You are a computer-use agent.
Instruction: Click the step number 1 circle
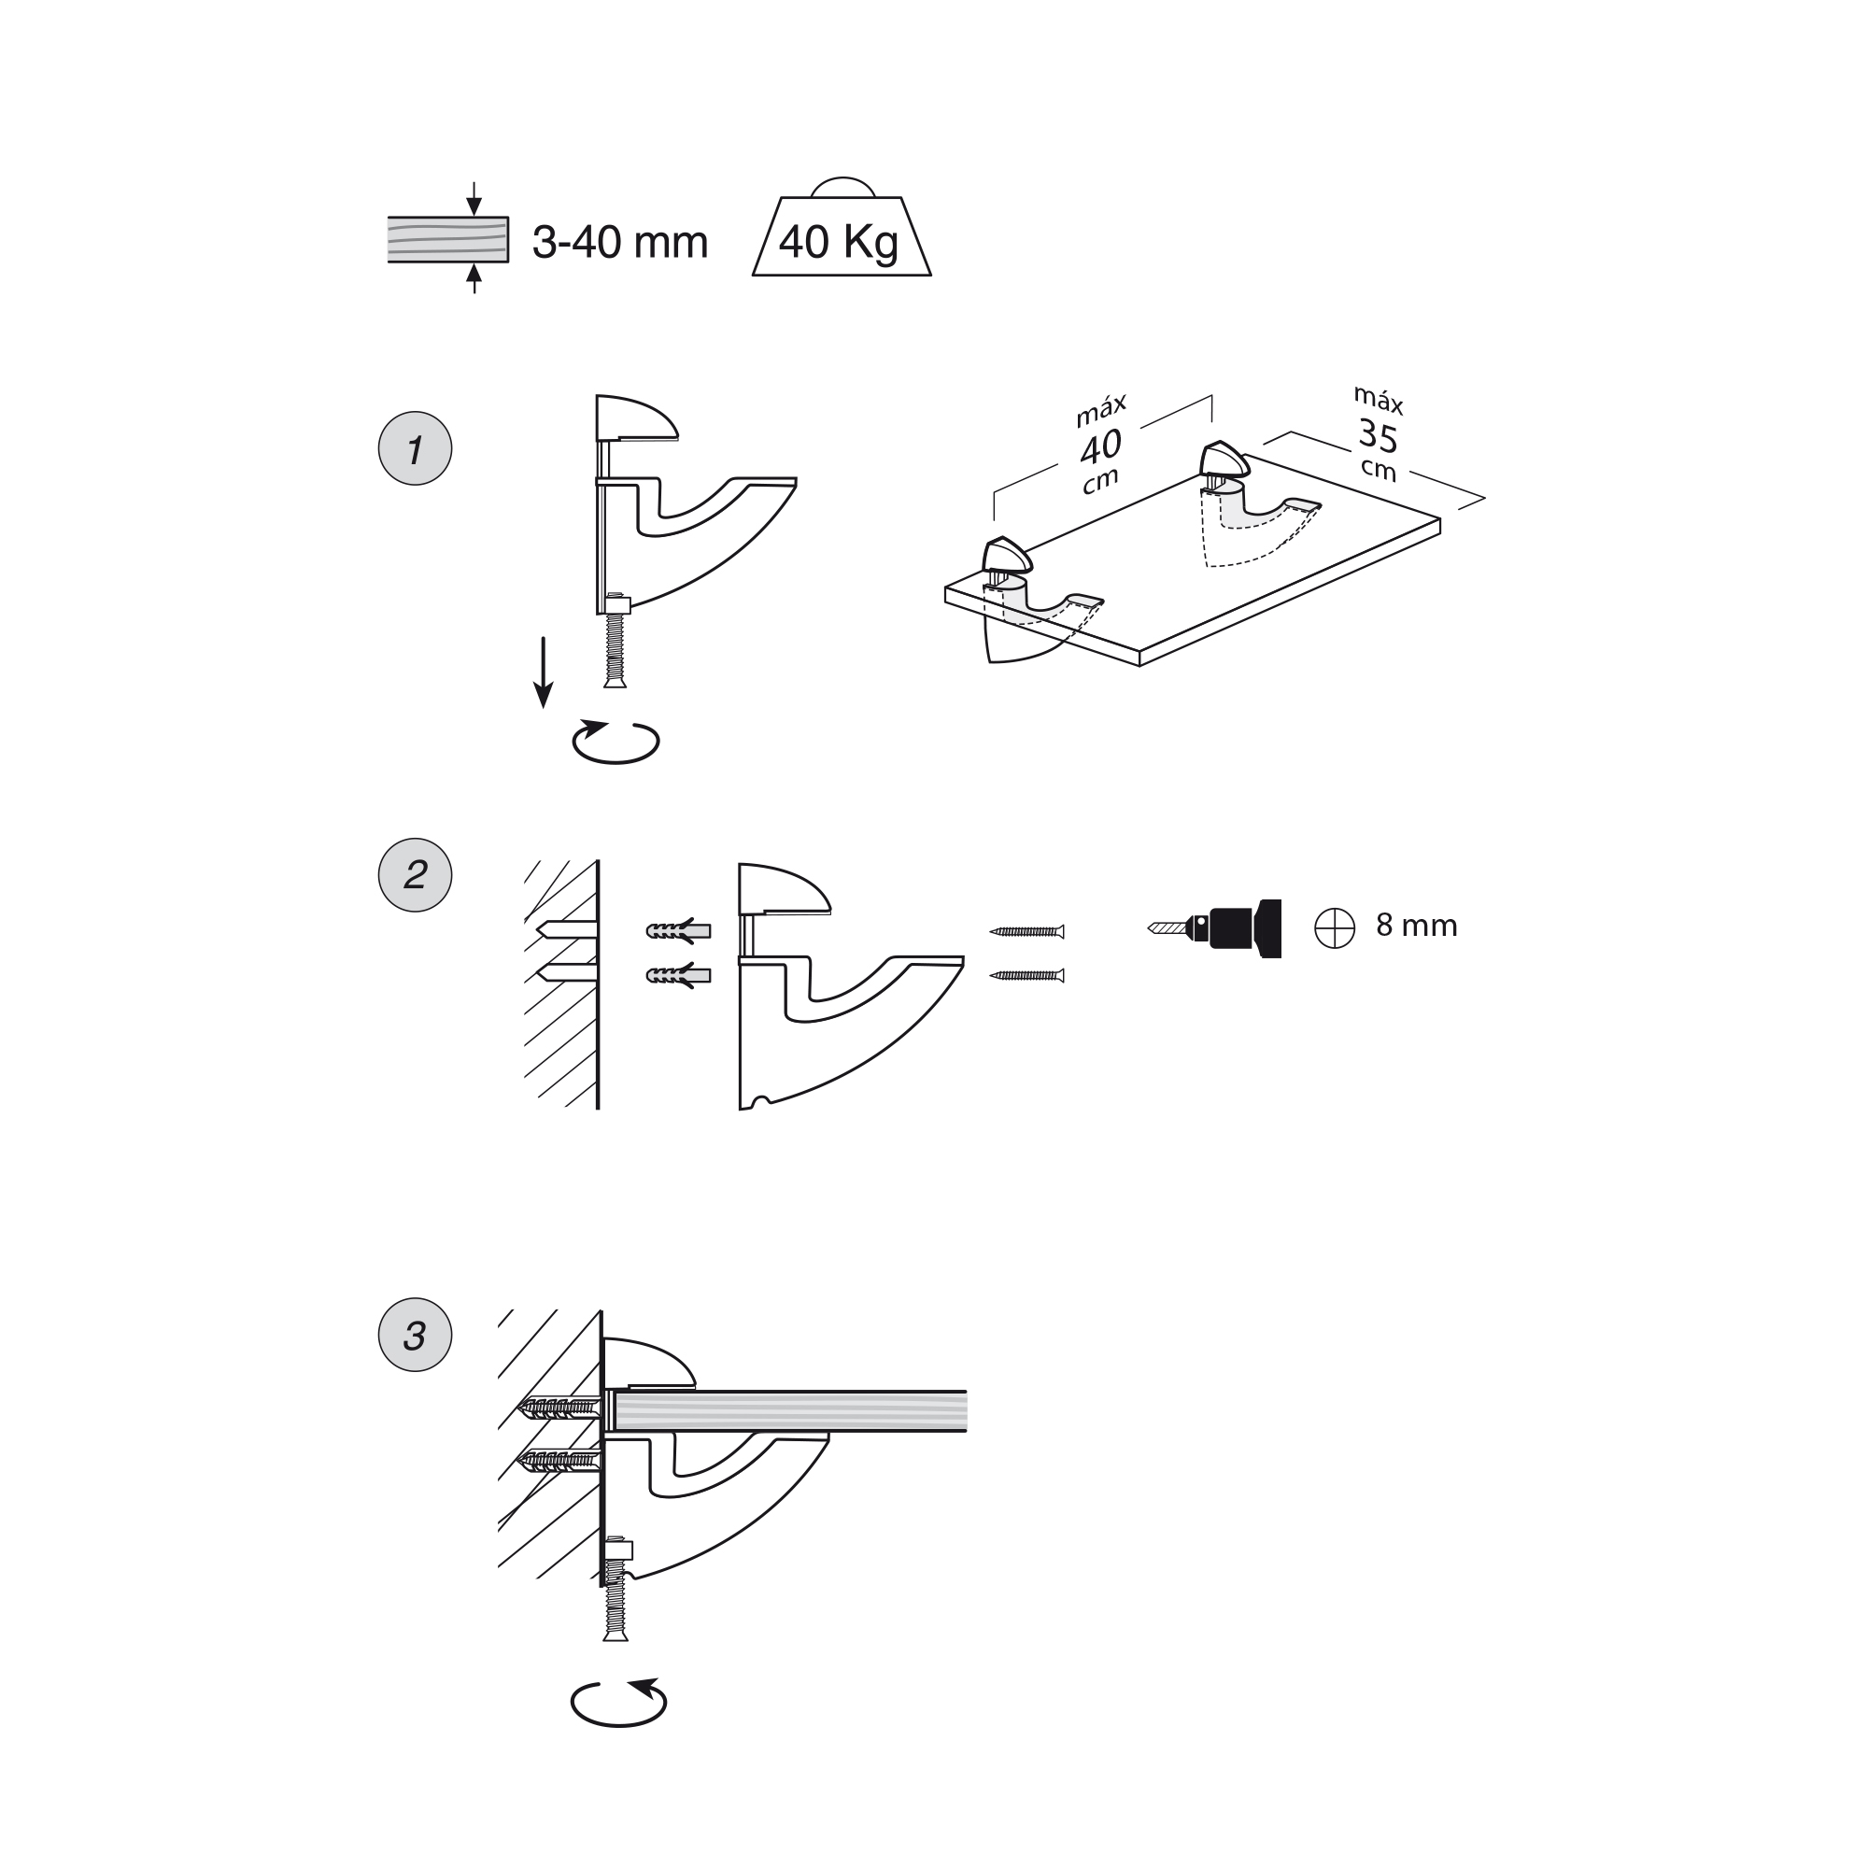415,448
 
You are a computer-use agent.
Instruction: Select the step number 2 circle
415,875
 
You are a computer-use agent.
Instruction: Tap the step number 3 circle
415,1336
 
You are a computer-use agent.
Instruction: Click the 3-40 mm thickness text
620,242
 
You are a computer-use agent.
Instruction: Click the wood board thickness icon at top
447,239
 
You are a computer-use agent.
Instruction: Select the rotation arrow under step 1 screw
616,742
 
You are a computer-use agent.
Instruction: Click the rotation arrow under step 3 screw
619,1702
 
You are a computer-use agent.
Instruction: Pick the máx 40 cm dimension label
1100,446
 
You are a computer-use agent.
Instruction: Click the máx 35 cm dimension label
1378,434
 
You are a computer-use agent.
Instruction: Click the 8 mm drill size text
1417,927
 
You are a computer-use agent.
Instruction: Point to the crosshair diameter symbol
1335,928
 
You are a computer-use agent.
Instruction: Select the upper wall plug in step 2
678,931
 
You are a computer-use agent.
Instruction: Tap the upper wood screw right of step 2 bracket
1026,932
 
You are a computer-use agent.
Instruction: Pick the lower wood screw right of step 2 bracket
1026,976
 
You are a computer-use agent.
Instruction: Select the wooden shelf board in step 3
789,1410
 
